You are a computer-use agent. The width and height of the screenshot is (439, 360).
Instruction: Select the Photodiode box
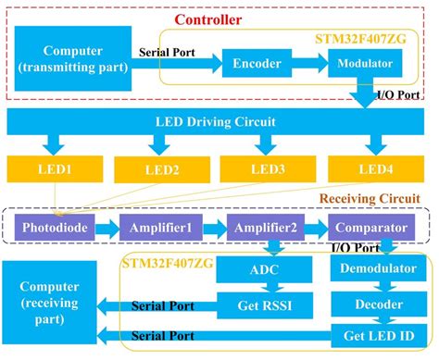[x=59, y=228]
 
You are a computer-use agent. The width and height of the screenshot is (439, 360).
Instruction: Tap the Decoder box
[x=372, y=304]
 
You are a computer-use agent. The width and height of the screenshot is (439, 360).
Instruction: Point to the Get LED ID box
[x=372, y=334]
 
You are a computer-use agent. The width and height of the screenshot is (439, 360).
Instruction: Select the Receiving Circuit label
[x=369, y=198]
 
